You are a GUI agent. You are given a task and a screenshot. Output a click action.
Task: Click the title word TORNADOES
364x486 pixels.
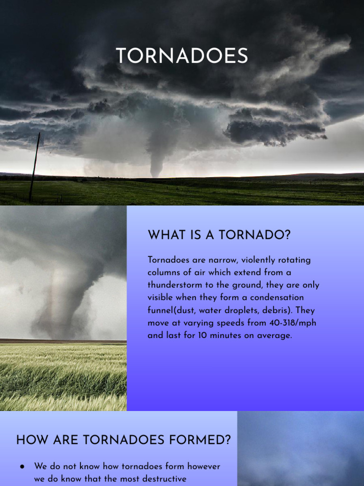point(182,56)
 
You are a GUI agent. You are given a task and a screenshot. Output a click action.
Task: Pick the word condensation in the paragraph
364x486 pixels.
point(278,298)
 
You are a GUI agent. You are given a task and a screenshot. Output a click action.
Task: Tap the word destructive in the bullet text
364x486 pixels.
point(162,479)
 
